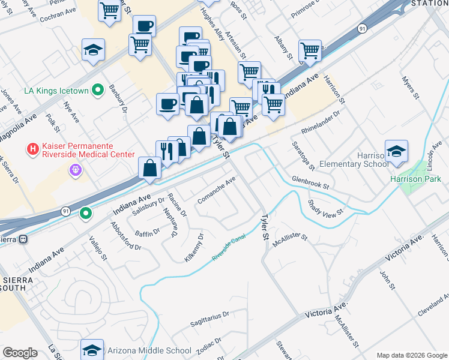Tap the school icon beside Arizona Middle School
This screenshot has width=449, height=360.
92,350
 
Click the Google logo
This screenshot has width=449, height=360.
20,353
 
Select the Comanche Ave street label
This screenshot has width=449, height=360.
217,190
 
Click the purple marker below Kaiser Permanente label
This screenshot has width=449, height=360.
75,170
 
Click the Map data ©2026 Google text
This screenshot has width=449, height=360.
411,355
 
